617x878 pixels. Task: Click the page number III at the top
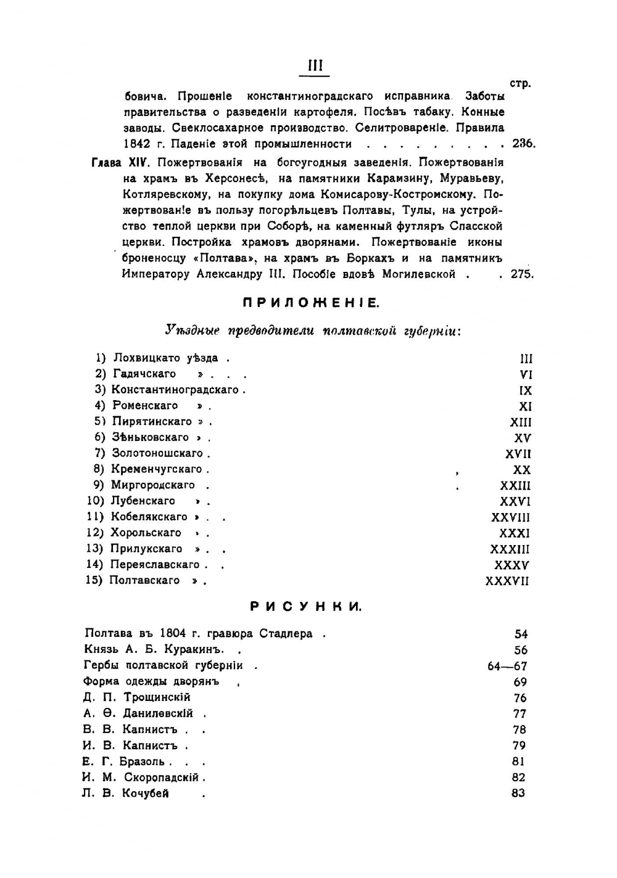[x=315, y=66]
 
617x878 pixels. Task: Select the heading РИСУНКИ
[x=307, y=607]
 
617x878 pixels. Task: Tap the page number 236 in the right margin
[x=523, y=144]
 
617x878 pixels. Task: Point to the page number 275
[x=521, y=274]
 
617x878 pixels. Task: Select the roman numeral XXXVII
[x=507, y=581]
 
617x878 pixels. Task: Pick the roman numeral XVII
[x=518, y=454]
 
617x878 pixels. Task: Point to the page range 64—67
[x=507, y=666]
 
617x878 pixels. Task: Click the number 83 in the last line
[x=518, y=794]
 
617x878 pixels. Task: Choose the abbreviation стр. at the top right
[x=521, y=83]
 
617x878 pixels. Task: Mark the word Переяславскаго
[x=155, y=565]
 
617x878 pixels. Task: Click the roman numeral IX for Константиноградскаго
[x=525, y=390]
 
